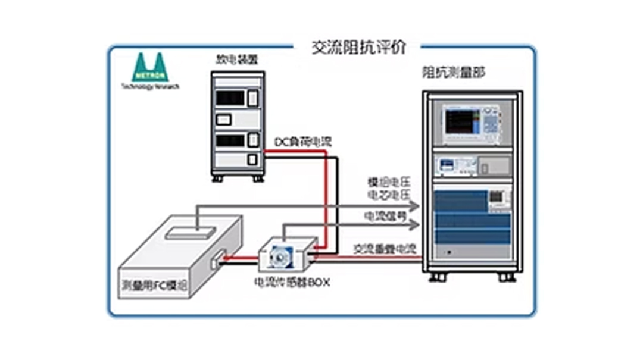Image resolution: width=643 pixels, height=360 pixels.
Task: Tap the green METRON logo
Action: point(150,68)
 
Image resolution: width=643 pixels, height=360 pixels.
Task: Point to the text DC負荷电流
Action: point(302,142)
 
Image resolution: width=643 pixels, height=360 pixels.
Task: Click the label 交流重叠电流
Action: point(384,248)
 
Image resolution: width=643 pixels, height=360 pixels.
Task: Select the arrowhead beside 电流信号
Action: point(415,224)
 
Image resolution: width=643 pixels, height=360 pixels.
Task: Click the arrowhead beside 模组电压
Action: point(415,206)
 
